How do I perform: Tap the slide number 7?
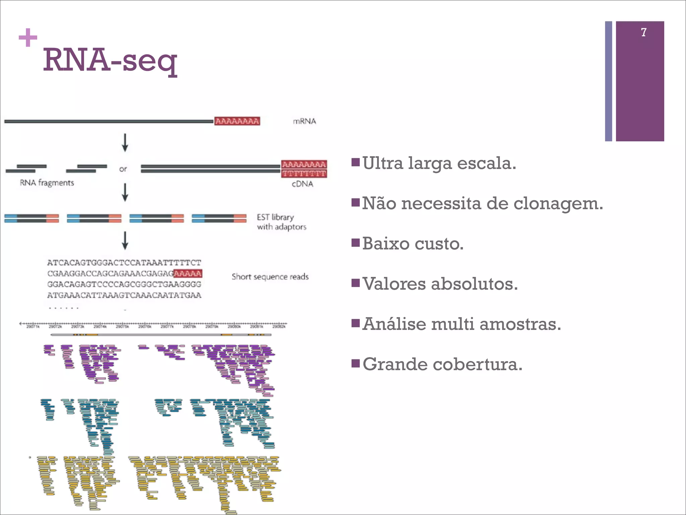pos(643,32)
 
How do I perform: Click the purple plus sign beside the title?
pos(28,37)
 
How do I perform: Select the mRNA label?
pos(304,121)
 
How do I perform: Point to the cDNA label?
pos(302,184)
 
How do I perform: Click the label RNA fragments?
pos(47,183)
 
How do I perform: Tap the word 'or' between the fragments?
pos(123,169)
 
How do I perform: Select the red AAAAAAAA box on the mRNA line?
pos(237,121)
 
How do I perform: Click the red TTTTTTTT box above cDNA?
pos(304,173)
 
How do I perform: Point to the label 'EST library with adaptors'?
pos(281,222)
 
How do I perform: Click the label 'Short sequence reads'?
pos(270,277)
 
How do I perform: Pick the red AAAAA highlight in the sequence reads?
pos(188,274)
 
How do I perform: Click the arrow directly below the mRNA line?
pos(125,142)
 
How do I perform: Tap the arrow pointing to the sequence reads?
pos(125,240)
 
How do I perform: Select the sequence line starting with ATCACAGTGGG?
pos(124,263)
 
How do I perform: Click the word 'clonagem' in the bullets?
pos(558,204)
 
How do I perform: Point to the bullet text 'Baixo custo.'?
pos(413,244)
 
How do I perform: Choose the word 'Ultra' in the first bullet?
pos(383,163)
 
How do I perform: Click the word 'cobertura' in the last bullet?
pos(476,364)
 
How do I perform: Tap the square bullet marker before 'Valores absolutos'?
pos(355,283)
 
